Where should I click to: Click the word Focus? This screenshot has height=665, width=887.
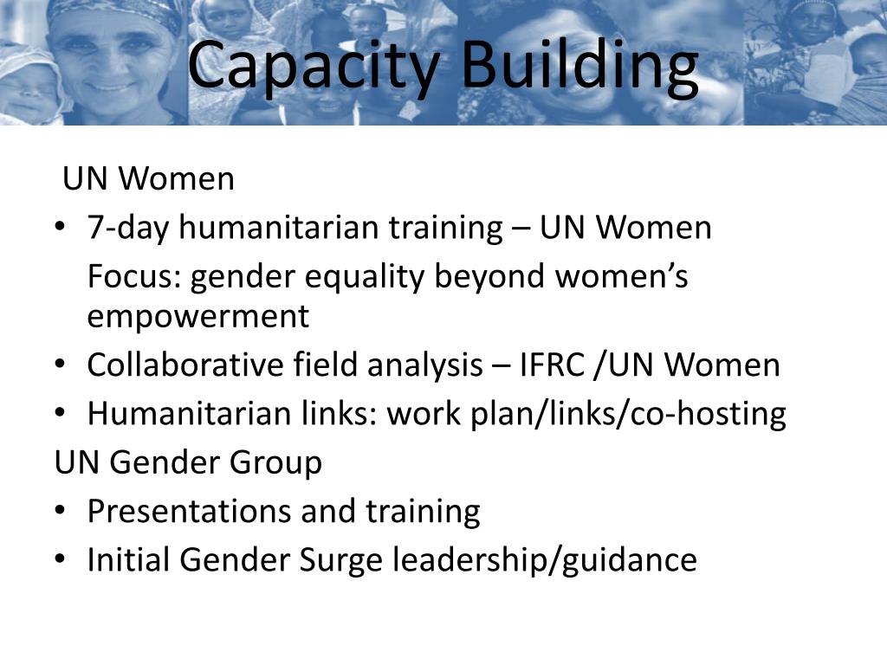[x=134, y=277]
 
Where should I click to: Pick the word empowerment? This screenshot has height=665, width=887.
[x=197, y=317]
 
